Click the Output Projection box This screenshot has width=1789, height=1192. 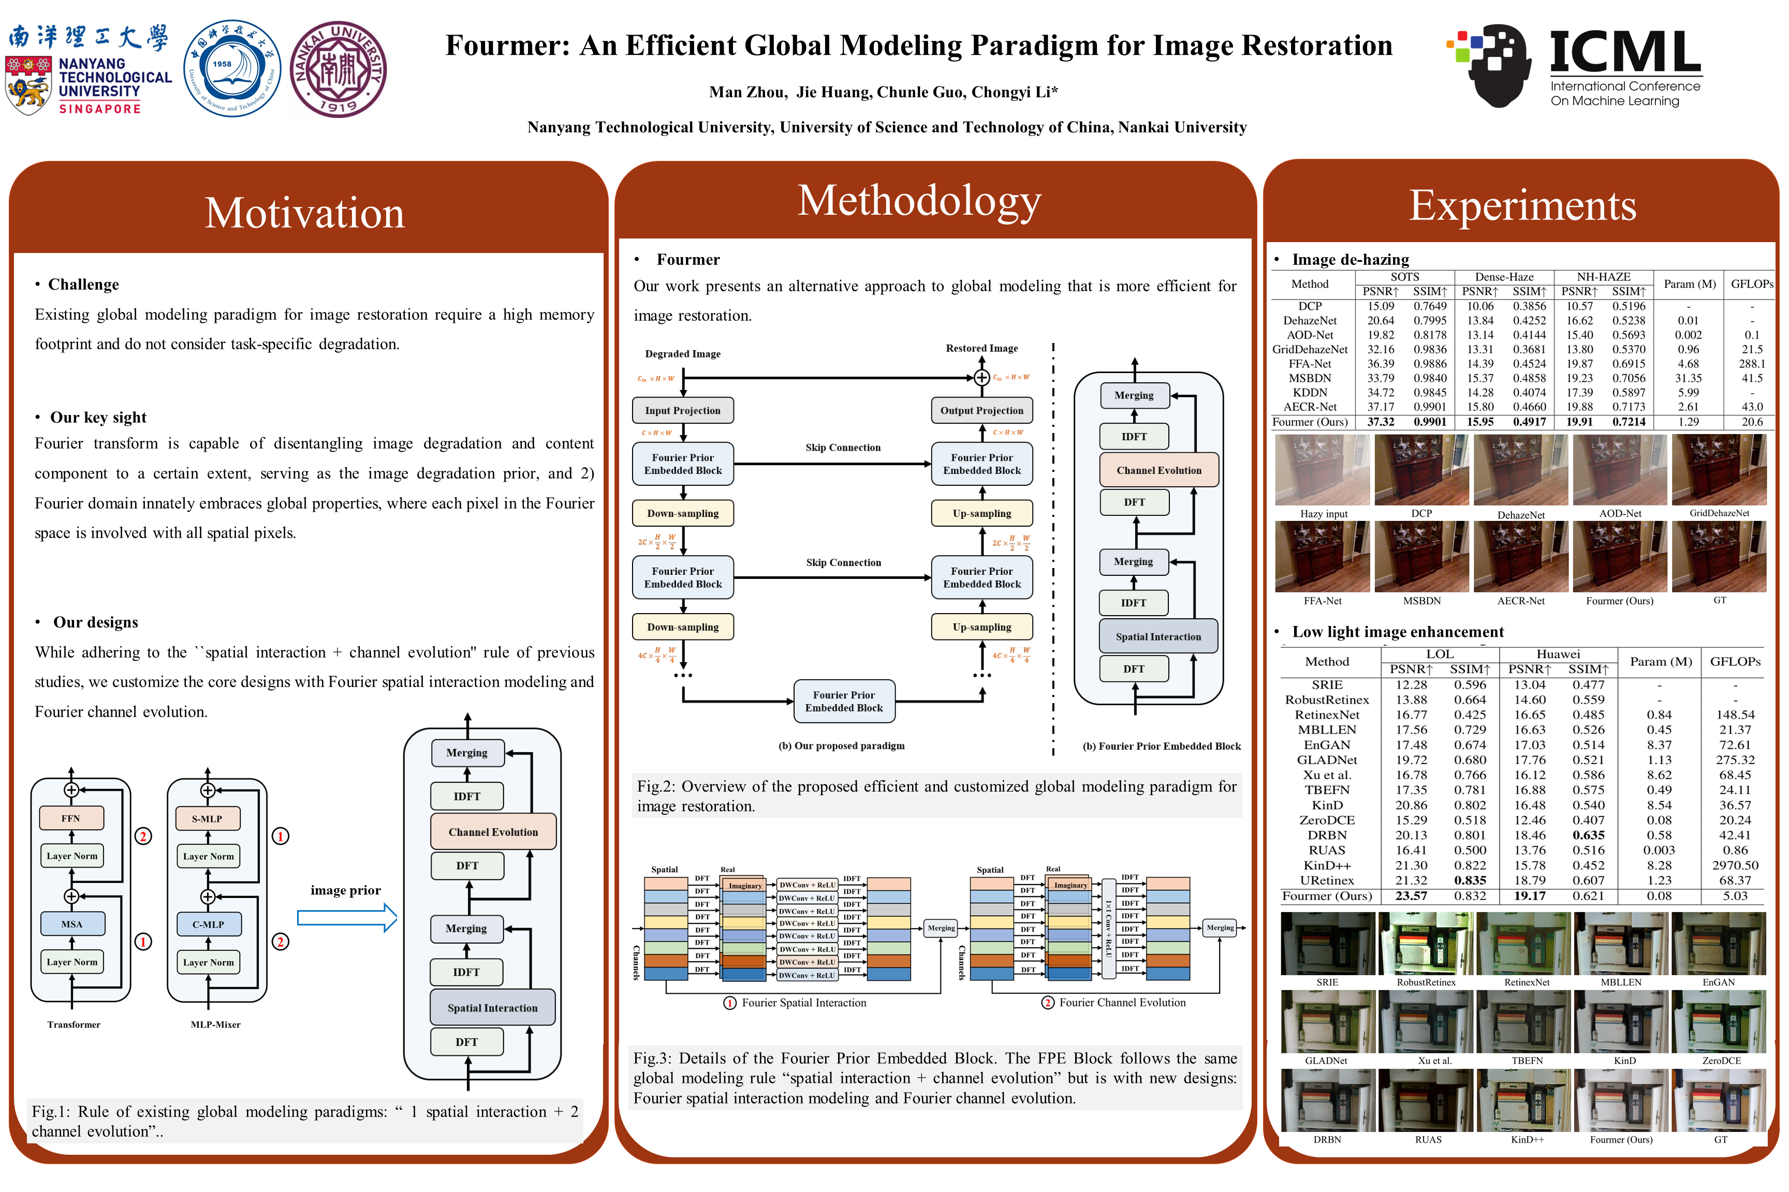pyautogui.click(x=981, y=410)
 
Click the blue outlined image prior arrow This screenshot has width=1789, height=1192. pyautogui.click(x=347, y=918)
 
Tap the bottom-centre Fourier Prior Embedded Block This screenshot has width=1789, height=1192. pyautogui.click(x=844, y=701)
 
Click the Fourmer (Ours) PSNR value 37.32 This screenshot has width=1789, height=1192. pyautogui.click(x=1381, y=422)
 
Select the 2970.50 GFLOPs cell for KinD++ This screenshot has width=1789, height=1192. pyautogui.click(x=1735, y=865)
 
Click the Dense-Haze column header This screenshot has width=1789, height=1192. pyautogui.click(x=1504, y=277)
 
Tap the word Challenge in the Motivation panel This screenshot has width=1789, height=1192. pyautogui.click(x=84, y=285)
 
